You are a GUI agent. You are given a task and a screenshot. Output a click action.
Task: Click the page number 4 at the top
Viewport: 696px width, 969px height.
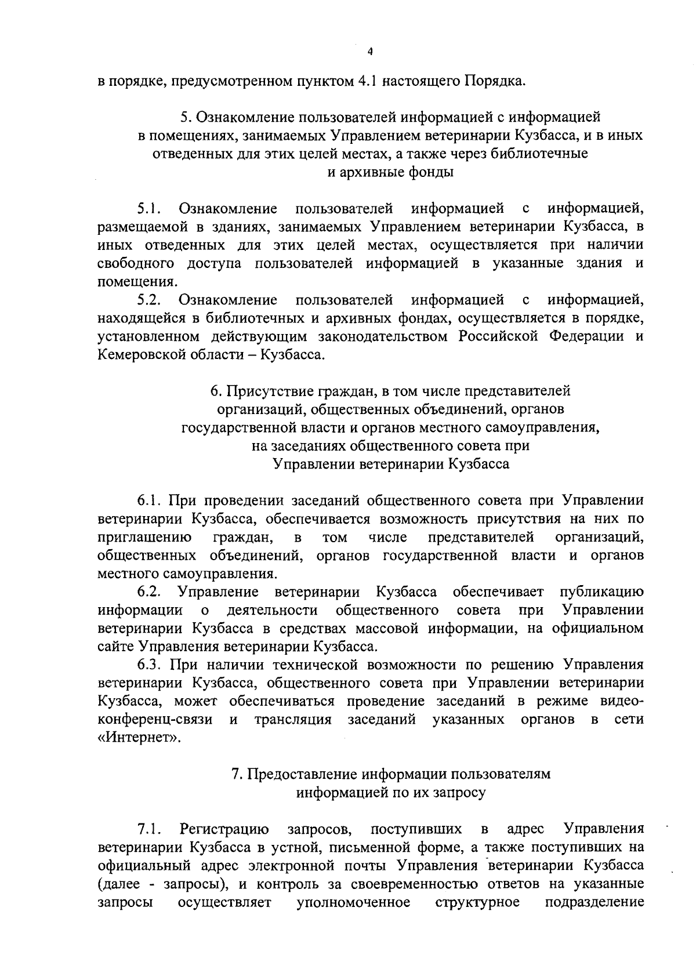pyautogui.click(x=370, y=52)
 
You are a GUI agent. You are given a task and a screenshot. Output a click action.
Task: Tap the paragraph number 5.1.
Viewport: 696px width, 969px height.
pyautogui.click(x=148, y=208)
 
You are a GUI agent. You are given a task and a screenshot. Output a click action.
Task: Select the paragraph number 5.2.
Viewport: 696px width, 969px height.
pyautogui.click(x=149, y=300)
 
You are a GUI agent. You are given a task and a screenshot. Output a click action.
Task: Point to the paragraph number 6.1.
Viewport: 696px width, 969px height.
pyautogui.click(x=148, y=500)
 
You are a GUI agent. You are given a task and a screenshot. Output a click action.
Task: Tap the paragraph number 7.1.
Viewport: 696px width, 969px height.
pyautogui.click(x=148, y=828)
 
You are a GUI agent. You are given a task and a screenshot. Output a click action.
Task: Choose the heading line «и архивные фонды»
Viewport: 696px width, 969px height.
pyautogui.click(x=391, y=172)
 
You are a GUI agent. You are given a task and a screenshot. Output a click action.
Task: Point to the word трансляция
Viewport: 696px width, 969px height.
pyautogui.click(x=293, y=720)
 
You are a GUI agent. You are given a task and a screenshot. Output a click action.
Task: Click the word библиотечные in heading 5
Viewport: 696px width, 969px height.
pyautogui.click(x=540, y=154)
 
